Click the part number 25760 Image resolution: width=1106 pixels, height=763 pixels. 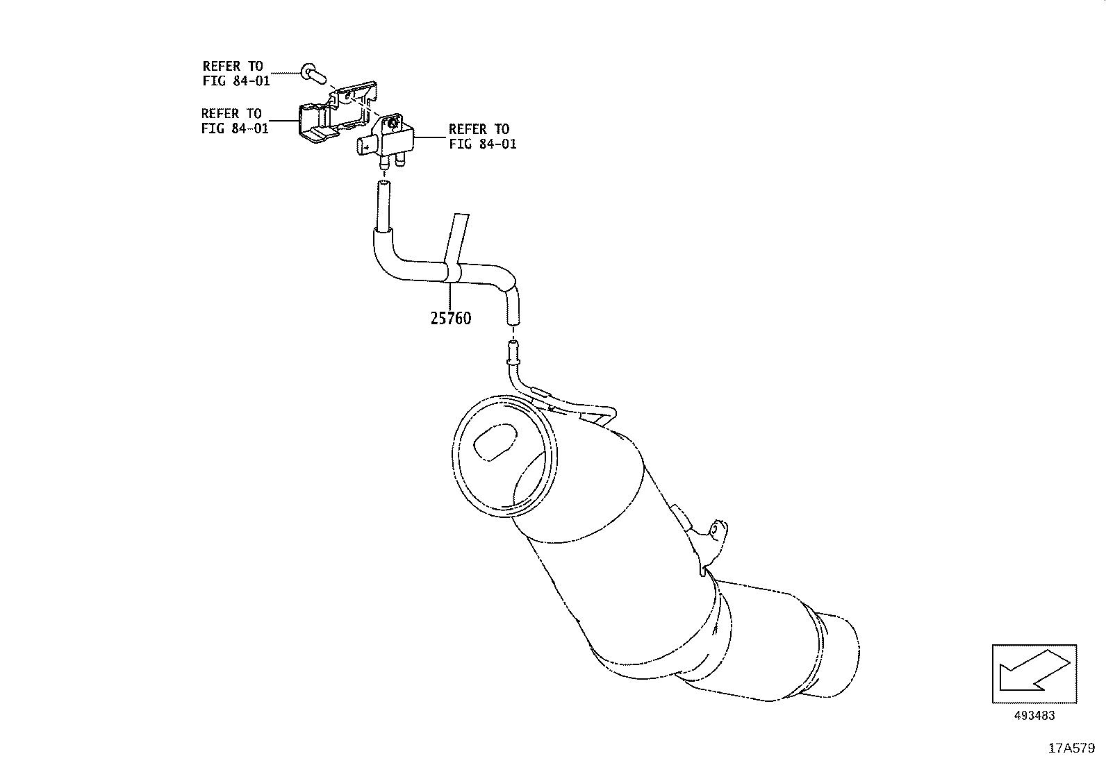coord(450,319)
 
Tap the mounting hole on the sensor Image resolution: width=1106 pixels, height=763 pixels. coord(392,123)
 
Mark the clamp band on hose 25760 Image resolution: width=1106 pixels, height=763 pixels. coord(451,272)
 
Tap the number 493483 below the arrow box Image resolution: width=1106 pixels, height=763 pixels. coord(1033,716)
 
